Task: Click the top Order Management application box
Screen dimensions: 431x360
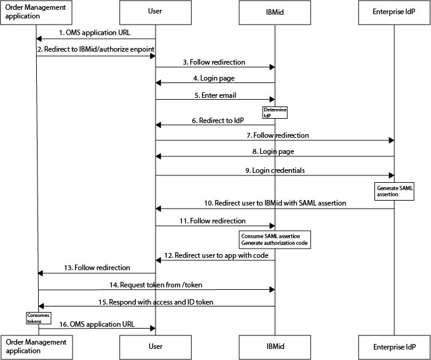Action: pyautogui.click(x=36, y=12)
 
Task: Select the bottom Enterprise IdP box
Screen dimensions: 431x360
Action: pyautogui.click(x=394, y=347)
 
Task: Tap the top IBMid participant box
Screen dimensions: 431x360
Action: pyautogui.click(x=275, y=12)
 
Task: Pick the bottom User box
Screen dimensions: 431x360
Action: pyautogui.click(x=156, y=347)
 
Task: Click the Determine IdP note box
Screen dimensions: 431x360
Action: pyautogui.click(x=275, y=113)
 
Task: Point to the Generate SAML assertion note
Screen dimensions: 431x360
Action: pyautogui.click(x=394, y=191)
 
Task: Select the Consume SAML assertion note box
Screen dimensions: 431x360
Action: pyautogui.click(x=275, y=239)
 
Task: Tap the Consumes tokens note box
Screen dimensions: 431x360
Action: pyautogui.click(x=39, y=318)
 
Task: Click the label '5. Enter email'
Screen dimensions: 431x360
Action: pyautogui.click(x=215, y=95)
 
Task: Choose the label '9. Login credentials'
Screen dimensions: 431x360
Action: pyautogui.click(x=275, y=170)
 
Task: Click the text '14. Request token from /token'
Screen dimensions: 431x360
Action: pyautogui.click(x=156, y=285)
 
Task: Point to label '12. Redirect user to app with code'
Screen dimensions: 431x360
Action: pyautogui.click(x=216, y=255)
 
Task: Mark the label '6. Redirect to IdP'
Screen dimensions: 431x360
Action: pyautogui.click(x=218, y=121)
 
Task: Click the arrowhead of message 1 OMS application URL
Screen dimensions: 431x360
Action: pyautogui.click(x=39, y=39)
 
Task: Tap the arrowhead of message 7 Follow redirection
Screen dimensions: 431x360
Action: pyautogui.click(x=392, y=140)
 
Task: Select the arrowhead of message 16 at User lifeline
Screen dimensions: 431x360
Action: pyautogui.click(x=153, y=328)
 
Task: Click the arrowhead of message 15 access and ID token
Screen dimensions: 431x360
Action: pyautogui.click(x=41, y=306)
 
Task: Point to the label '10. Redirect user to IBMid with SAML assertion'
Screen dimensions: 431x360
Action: pyautogui.click(x=275, y=203)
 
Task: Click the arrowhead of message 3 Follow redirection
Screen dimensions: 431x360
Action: pyautogui.click(x=272, y=67)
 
